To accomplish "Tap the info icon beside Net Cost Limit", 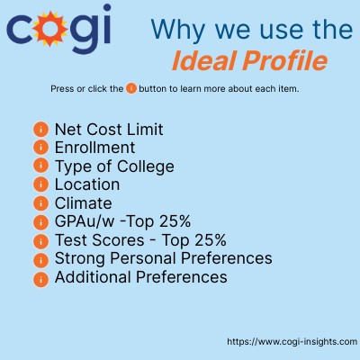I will (40, 129).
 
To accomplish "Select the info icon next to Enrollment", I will (40, 147).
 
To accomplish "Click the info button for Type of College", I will (40, 166).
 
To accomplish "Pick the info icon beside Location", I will (40, 184).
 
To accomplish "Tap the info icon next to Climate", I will (40, 203).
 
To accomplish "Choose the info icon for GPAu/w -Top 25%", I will (40, 222).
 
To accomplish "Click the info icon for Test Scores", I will (40, 240).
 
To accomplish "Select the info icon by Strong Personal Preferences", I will (40, 259).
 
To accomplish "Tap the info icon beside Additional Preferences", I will (40, 278).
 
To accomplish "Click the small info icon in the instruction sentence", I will (130, 88).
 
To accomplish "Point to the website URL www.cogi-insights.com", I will (292, 342).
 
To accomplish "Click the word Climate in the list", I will (83, 203).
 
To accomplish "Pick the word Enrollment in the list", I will (94, 147).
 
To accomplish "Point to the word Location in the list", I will (87, 184).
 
